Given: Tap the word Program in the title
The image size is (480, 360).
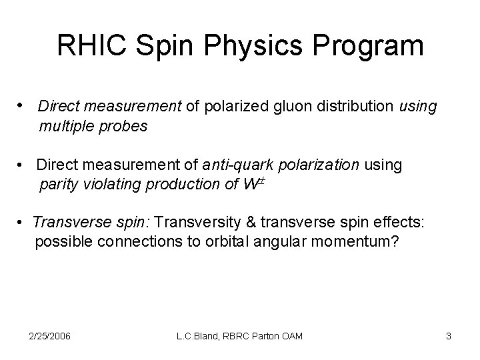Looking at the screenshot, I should [361, 46].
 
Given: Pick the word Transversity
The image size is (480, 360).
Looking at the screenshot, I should [208, 223].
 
